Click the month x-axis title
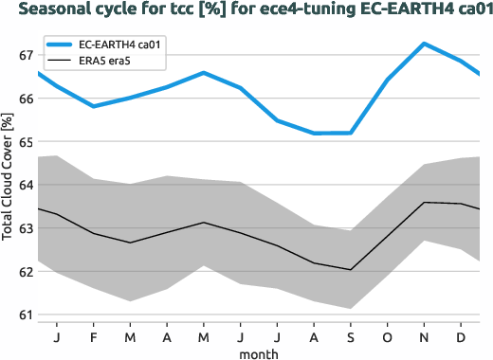(259, 352)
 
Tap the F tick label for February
(93, 336)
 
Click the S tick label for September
(351, 336)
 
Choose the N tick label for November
(424, 336)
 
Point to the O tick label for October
(387, 336)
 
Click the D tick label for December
(461, 336)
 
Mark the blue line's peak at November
(424, 44)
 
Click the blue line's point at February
(93, 106)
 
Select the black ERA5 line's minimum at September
(351, 270)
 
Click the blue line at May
(203, 73)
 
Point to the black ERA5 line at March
(130, 243)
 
